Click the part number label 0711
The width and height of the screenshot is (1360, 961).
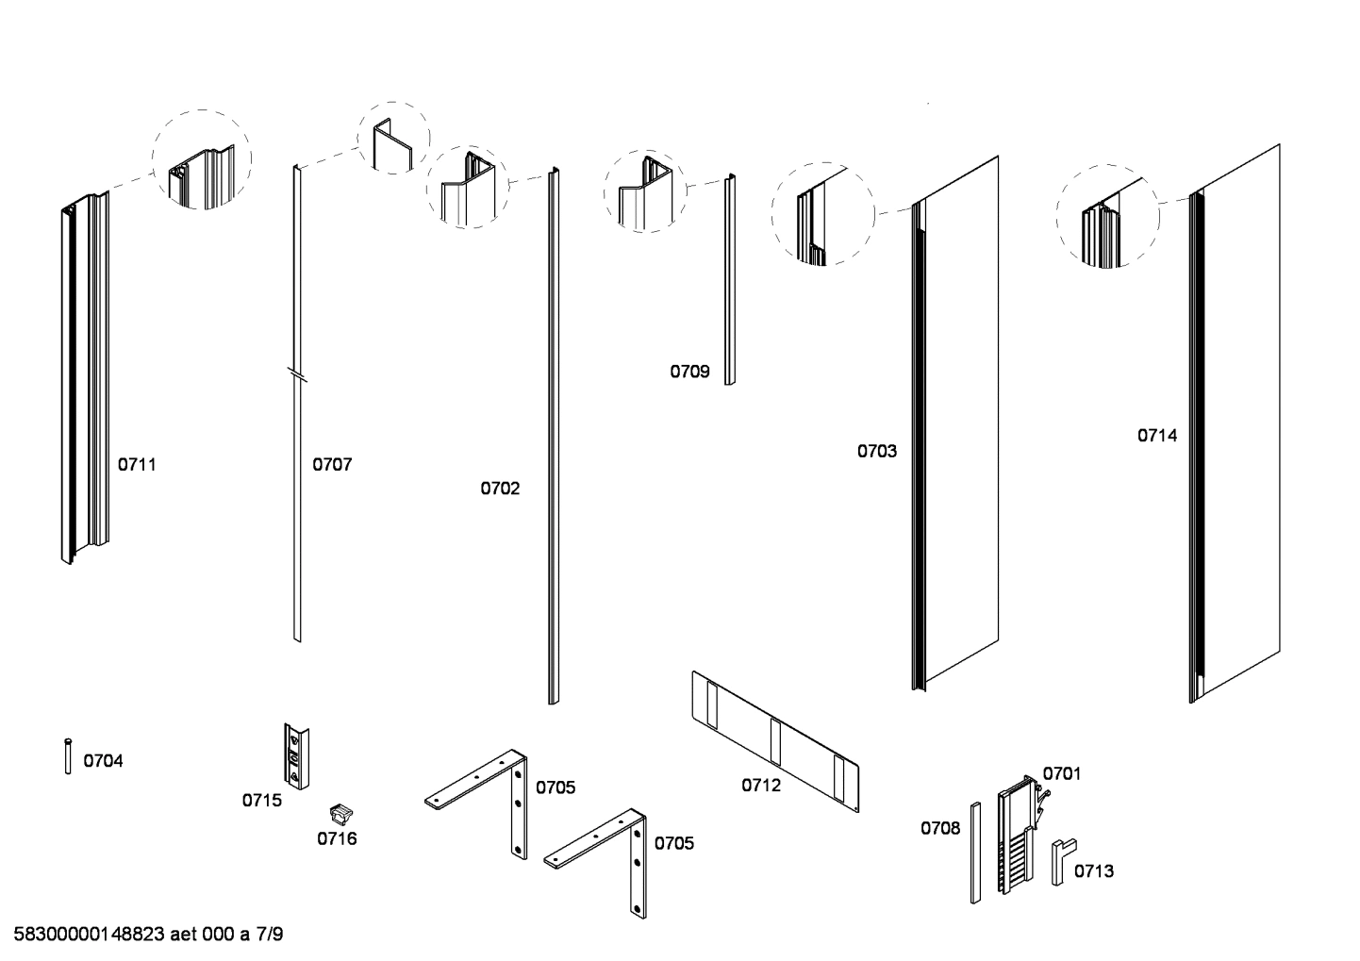pos(137,464)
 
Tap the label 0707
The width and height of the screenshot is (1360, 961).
pos(332,464)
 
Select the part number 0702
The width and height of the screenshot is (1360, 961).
pos(500,488)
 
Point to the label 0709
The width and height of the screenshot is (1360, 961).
pos(689,372)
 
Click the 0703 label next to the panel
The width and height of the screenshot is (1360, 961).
pos(876,451)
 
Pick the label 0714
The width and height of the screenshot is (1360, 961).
pos(1156,435)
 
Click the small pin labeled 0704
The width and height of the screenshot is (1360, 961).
pos(68,756)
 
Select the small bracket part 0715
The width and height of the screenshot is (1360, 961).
pos(296,756)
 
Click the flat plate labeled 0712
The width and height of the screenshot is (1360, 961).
pos(775,740)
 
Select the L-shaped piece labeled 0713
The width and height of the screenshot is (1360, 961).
pos(1062,860)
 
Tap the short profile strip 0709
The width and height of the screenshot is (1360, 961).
pos(729,279)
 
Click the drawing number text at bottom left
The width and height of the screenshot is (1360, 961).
pos(148,935)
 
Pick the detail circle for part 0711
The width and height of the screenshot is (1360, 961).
pos(202,159)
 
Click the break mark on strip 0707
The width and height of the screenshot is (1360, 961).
pos(297,374)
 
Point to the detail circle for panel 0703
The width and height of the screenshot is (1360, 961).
pos(822,214)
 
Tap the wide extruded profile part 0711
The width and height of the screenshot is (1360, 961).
pos(85,377)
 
